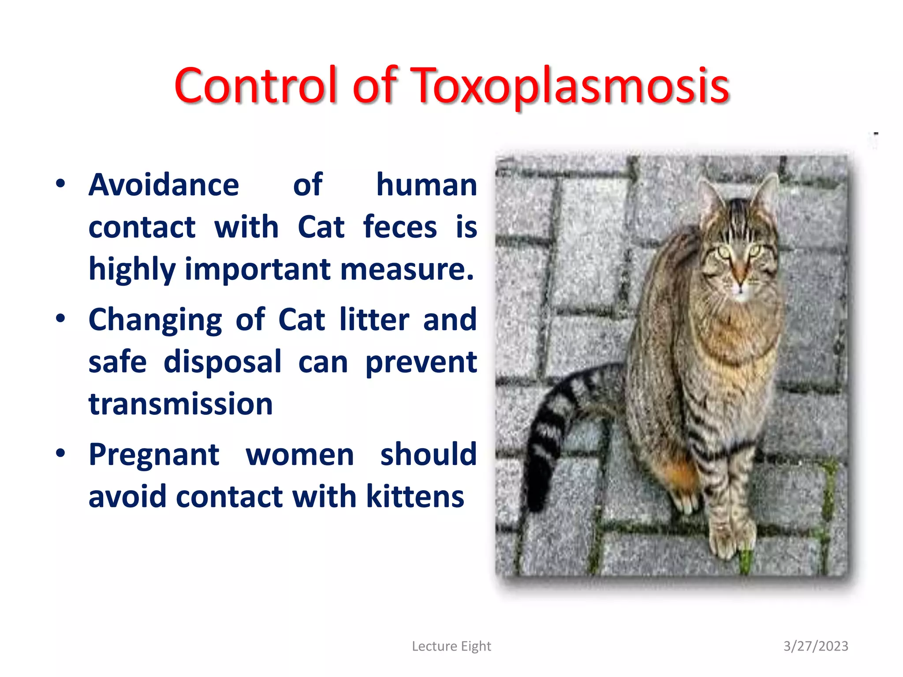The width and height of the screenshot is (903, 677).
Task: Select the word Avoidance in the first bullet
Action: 164,185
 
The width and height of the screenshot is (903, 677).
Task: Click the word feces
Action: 400,227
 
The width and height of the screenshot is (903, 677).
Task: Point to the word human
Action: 426,185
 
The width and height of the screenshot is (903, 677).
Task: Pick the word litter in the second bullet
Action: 374,320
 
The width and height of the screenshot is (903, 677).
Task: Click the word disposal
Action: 222,362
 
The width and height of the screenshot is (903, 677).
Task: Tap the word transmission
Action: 181,404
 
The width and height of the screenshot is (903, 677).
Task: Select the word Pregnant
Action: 154,454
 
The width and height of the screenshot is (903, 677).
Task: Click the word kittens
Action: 415,497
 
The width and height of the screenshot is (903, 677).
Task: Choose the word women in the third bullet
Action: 300,454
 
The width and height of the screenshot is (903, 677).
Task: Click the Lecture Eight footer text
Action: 451,646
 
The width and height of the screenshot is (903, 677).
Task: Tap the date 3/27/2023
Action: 816,646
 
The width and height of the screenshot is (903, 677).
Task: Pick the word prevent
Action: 421,362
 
